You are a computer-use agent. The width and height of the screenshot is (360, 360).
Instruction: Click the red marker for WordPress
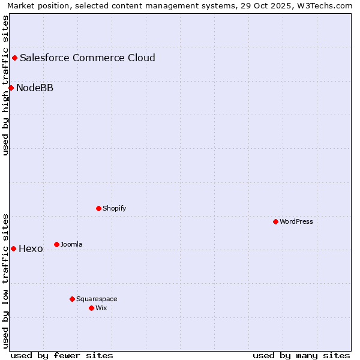(x=275, y=221)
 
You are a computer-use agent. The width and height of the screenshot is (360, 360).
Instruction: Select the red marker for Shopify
(x=98, y=208)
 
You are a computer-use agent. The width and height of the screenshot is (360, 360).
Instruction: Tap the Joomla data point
(x=56, y=244)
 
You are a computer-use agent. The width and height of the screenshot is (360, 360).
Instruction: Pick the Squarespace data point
(x=72, y=299)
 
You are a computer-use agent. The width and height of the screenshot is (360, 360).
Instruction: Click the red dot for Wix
(x=91, y=308)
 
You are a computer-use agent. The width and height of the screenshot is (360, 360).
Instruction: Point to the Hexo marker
(x=13, y=248)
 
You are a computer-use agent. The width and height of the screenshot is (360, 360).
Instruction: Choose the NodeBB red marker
(x=11, y=88)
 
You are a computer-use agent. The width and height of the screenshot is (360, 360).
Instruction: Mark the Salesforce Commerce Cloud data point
(x=14, y=58)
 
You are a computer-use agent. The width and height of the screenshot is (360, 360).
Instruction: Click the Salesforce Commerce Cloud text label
(x=88, y=58)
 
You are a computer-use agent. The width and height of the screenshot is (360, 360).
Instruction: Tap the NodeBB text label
(x=35, y=88)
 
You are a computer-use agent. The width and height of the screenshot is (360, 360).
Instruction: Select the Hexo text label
(x=31, y=249)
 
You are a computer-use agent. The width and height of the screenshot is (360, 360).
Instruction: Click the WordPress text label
(x=296, y=221)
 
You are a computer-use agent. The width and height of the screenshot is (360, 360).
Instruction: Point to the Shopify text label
(x=114, y=208)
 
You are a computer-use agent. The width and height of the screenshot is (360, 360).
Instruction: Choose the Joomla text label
(x=71, y=244)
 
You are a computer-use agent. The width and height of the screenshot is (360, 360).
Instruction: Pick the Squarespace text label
(x=97, y=299)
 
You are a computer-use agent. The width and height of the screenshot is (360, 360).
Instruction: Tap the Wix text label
(x=101, y=308)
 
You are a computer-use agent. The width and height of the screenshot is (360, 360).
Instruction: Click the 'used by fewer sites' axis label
(x=62, y=355)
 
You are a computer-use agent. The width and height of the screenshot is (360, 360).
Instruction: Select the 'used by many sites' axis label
(x=301, y=355)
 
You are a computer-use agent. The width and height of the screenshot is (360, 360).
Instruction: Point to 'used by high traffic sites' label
(x=6, y=85)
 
